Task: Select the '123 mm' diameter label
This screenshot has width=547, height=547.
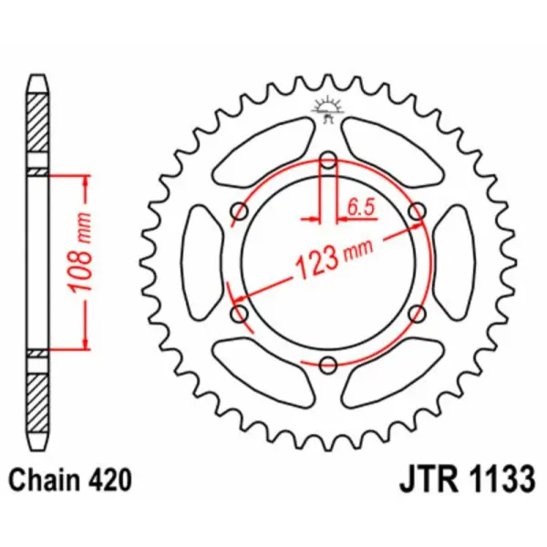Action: tap(328, 259)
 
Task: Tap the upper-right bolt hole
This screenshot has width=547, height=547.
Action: tap(417, 212)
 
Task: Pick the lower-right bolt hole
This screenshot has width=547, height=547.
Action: tap(417, 314)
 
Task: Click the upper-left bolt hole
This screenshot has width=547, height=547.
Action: tap(240, 212)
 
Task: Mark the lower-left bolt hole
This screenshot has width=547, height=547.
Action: tap(240, 314)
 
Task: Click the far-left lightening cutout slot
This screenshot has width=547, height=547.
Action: tap(201, 263)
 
